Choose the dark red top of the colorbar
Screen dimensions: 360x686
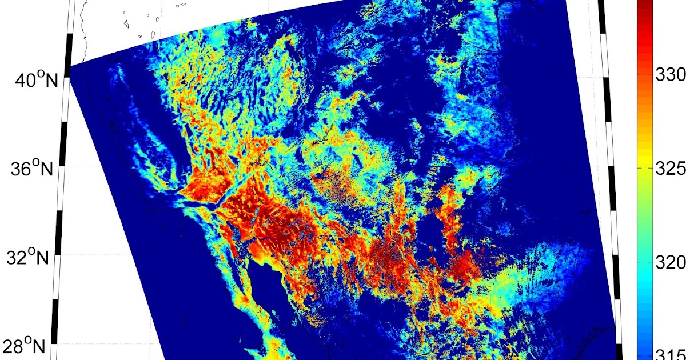(644, 5)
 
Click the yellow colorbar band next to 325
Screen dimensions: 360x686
(644, 169)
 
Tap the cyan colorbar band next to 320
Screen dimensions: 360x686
(644, 262)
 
